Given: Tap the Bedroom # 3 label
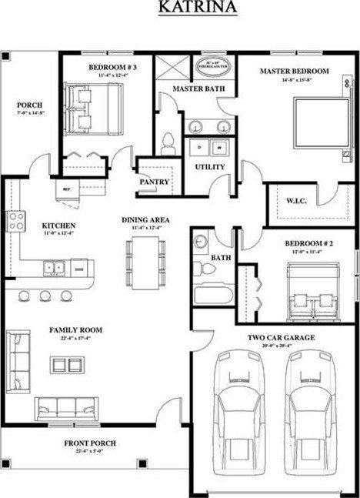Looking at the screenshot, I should point(112,68).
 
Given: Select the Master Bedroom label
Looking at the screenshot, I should point(293,71).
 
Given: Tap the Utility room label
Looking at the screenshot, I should point(209,167).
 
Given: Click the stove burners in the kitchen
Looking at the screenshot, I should point(16,222).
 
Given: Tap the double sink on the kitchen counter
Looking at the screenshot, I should point(54,267).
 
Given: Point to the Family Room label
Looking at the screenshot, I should point(76,329).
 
